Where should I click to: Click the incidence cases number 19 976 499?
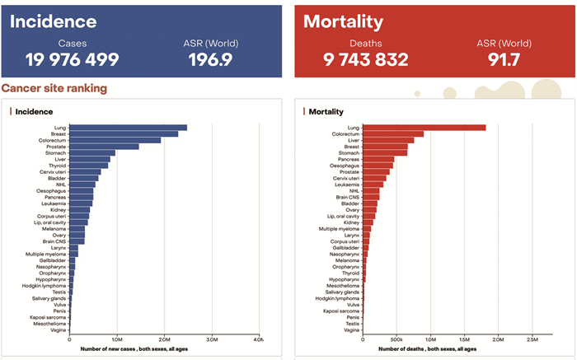coord(72,59)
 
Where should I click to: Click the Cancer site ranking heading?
coord(54,88)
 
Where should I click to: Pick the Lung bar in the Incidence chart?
coord(128,128)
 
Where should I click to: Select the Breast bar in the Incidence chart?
coord(124,133)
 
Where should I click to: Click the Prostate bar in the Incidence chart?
coord(104,147)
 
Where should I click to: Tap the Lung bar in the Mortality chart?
coord(425,128)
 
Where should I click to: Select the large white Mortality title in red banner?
coord(344,21)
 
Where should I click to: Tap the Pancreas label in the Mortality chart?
coord(349,159)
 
